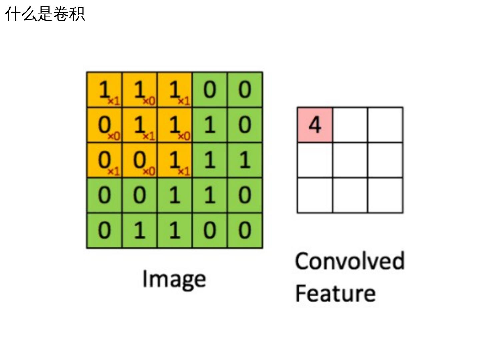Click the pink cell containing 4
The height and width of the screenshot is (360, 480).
pyautogui.click(x=315, y=125)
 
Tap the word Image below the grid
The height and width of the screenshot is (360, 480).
pyautogui.click(x=174, y=279)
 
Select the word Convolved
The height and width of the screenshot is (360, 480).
pyautogui.click(x=350, y=261)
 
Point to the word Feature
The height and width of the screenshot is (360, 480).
pyautogui.click(x=335, y=293)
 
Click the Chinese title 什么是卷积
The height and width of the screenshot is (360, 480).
pyautogui.click(x=45, y=14)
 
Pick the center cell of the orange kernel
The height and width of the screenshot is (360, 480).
pyautogui.click(x=140, y=125)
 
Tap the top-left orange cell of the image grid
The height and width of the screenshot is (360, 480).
pyautogui.click(x=104, y=90)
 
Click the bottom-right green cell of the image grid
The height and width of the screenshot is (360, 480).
pyautogui.click(x=245, y=231)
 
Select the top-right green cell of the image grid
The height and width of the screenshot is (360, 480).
pyautogui.click(x=245, y=90)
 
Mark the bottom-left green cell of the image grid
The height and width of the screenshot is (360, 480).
pyautogui.click(x=104, y=231)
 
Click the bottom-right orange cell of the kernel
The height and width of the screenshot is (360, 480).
pyautogui.click(x=175, y=160)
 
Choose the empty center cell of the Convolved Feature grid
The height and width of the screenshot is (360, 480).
pyautogui.click(x=350, y=160)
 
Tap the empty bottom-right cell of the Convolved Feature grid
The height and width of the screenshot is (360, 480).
pyautogui.click(x=385, y=195)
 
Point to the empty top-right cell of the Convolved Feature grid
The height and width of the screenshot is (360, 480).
pyautogui.click(x=385, y=125)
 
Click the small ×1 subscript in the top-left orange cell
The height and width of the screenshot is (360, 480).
pyautogui.click(x=114, y=101)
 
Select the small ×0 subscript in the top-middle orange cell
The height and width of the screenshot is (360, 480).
pyautogui.click(x=149, y=101)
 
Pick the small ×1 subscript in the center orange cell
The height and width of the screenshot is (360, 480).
pyautogui.click(x=149, y=136)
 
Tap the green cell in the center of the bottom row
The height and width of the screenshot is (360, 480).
pyautogui.click(x=175, y=231)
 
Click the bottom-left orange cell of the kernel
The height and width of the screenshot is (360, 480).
pyautogui.click(x=104, y=160)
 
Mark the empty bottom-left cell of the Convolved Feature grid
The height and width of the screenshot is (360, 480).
pyautogui.click(x=315, y=195)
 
